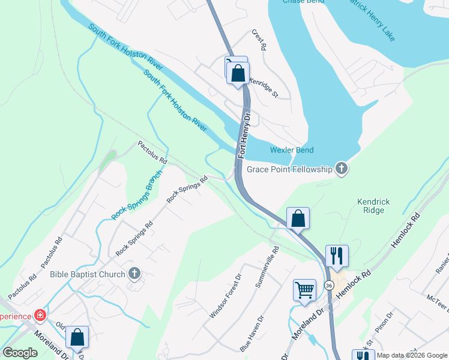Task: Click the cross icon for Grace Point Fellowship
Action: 342,169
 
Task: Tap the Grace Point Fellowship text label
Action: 289,170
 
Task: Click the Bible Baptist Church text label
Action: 88,275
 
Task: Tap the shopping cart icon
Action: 305,290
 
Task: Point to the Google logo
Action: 20,352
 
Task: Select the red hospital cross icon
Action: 40,315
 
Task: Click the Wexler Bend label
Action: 292,150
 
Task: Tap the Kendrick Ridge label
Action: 374,206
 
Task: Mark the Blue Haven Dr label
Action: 251,337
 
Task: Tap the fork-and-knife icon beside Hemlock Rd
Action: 337,256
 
